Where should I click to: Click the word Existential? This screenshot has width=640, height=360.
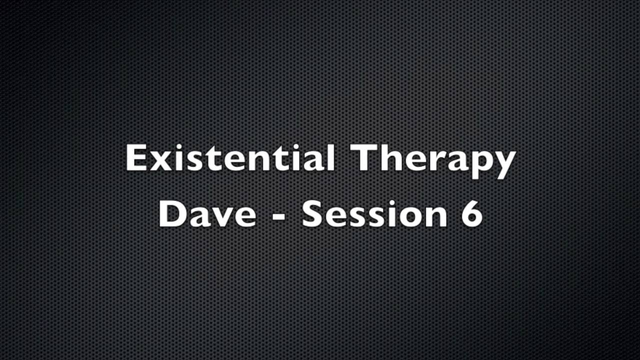(x=230, y=158)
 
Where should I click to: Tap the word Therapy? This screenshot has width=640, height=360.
(x=434, y=159)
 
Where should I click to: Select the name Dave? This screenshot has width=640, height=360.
(x=207, y=213)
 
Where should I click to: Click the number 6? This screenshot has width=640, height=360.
(x=471, y=213)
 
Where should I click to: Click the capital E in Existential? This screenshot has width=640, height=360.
(x=136, y=158)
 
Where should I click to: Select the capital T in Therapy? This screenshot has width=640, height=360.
(x=366, y=158)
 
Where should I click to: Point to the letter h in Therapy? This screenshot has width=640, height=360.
(x=391, y=158)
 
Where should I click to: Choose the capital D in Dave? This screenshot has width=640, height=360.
(x=172, y=213)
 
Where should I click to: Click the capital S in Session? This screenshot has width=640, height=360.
(x=313, y=213)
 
